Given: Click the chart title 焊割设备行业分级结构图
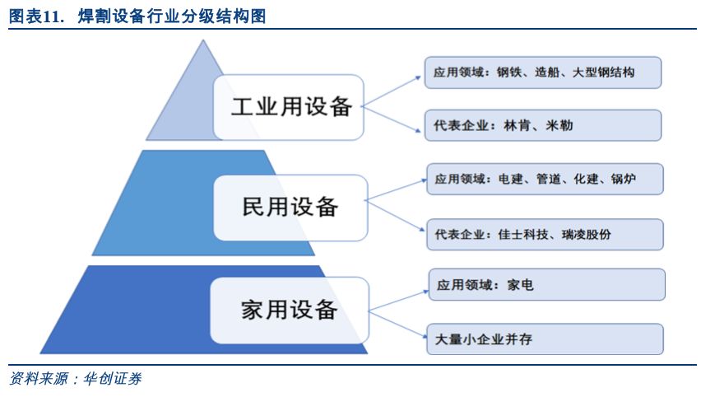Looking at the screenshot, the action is click(172, 16).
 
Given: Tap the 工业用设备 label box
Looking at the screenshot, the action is click(289, 107).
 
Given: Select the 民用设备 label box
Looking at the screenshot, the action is click(290, 208).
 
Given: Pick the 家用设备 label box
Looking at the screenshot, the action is click(290, 311).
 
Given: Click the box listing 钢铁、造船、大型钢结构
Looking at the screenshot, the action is click(543, 72).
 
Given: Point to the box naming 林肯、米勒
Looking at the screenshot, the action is click(543, 125).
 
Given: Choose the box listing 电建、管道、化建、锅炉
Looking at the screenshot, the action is click(545, 179).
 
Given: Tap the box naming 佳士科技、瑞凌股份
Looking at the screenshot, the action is click(545, 234).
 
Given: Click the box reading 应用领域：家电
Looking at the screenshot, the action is click(546, 285).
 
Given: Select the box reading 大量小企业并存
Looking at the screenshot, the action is click(545, 339).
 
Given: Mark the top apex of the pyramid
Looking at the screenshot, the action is click(203, 40).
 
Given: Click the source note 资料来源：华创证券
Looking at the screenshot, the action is click(75, 379).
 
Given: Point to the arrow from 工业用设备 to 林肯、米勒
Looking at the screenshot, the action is click(391, 119).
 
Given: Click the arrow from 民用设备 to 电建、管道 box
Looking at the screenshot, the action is click(396, 190).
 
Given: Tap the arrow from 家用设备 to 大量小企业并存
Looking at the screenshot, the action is click(397, 325).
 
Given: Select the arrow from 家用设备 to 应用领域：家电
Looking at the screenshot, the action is click(398, 301).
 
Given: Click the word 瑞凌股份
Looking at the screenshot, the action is click(587, 234).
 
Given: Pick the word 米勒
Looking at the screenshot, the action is click(559, 125).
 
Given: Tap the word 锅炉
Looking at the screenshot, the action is click(624, 179).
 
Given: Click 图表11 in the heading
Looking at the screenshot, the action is click(35, 16).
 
